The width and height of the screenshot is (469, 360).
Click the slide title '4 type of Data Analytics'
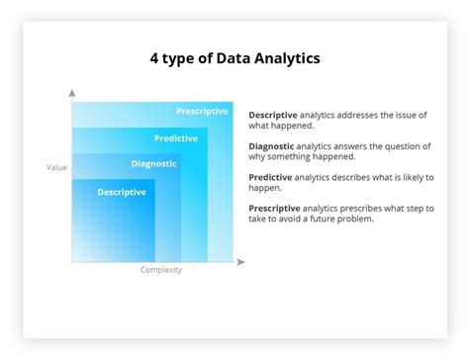pos(234,58)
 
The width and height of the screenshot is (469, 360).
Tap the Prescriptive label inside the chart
pos(202,111)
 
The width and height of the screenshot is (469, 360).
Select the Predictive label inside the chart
pos(176,138)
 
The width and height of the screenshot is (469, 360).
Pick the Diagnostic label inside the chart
pos(154,164)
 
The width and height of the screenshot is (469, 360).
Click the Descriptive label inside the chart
pos(122,192)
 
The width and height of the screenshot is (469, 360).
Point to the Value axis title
pos(57,167)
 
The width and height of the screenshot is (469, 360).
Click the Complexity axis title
pos(160,270)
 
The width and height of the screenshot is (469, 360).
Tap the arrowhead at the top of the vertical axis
pos(72,93)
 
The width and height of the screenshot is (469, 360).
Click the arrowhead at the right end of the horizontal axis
pos(240,262)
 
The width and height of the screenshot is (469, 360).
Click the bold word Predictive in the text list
pos(272,178)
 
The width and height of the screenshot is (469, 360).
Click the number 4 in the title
pos(154,58)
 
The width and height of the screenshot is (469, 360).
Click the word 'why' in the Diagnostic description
pos(259,157)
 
